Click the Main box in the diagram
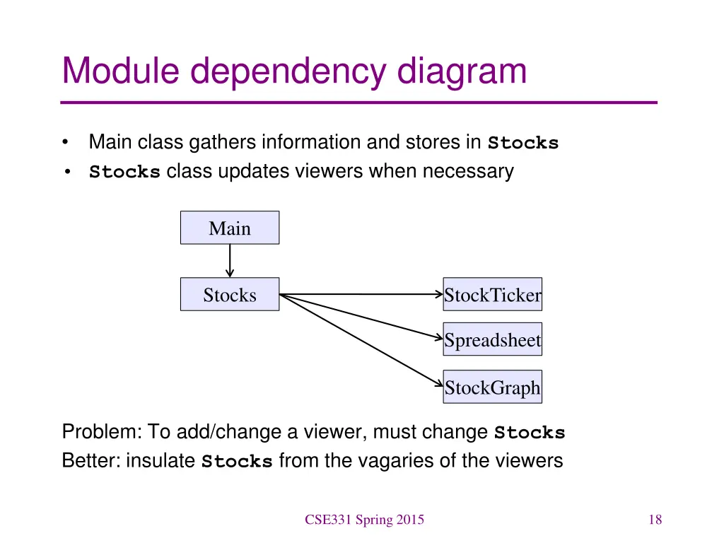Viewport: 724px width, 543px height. tap(230, 228)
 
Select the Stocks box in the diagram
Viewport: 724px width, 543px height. tap(230, 294)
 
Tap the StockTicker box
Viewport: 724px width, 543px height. tap(492, 294)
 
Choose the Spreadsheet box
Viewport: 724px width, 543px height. tap(492, 340)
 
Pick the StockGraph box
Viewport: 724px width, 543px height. tap(492, 387)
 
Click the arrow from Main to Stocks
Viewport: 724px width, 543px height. tap(230, 260)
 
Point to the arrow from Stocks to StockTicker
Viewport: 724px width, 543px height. tap(361, 294)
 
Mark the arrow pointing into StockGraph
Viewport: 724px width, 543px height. tap(361, 339)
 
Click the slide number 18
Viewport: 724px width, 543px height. tap(655, 520)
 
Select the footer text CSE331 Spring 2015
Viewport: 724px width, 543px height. tap(364, 520)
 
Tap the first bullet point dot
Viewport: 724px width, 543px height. tap(66, 144)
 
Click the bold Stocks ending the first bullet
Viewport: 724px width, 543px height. tap(522, 144)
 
